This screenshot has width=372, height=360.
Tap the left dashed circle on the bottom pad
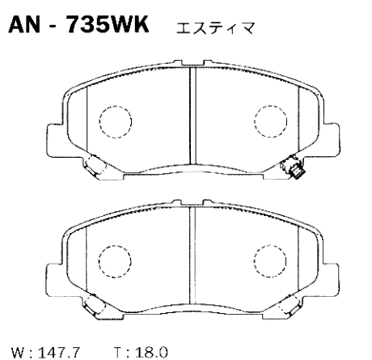click(112, 260)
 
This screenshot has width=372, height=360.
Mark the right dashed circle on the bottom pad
click(268, 260)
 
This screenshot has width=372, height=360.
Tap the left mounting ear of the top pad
click(52, 133)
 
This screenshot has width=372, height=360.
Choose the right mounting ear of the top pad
click(328, 133)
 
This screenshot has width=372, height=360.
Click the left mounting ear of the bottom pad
click(52, 273)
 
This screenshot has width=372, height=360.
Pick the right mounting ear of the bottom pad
click(328, 273)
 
